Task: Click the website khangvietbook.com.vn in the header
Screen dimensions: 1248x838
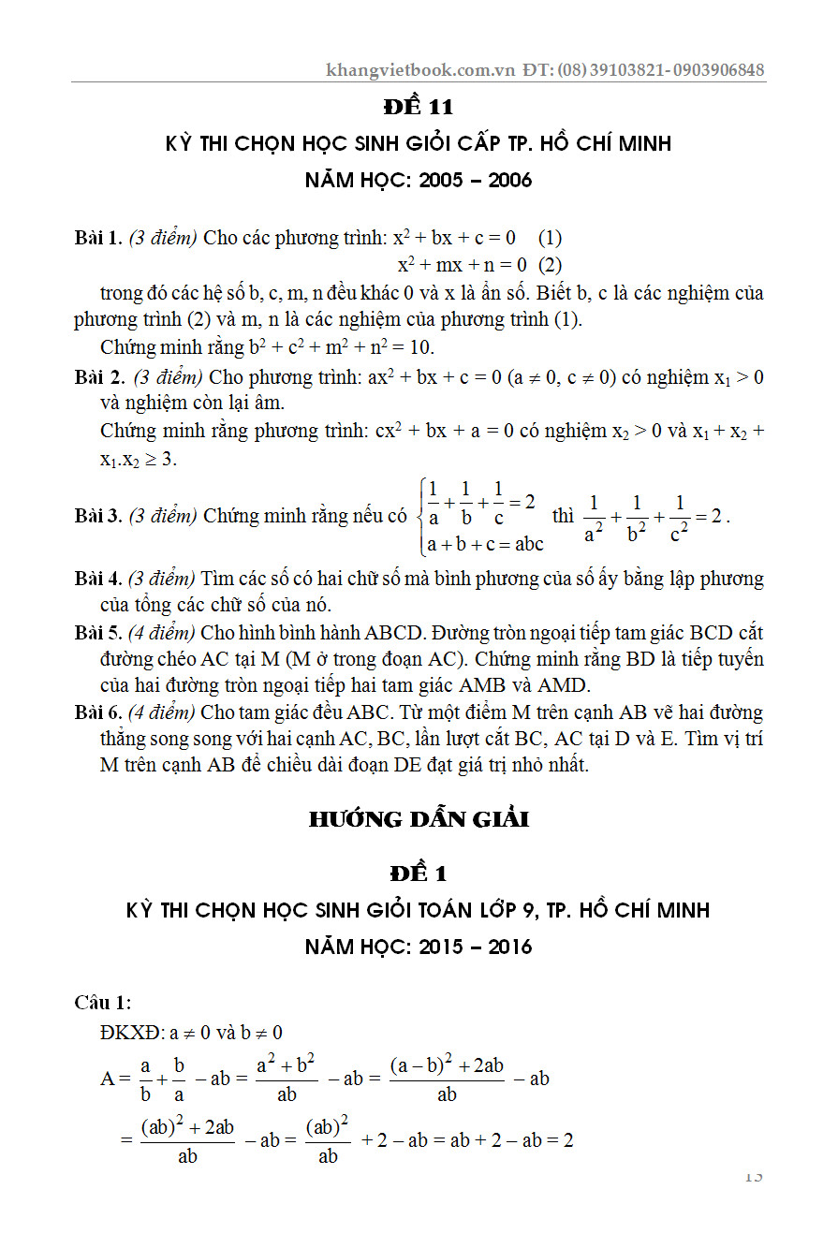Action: (420, 70)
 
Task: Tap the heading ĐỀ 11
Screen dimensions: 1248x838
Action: (419, 108)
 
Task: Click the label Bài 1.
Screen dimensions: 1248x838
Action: (98, 238)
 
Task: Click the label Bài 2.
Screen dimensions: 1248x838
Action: (99, 378)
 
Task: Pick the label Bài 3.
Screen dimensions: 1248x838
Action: (98, 515)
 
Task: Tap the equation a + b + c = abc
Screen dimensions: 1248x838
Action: (485, 543)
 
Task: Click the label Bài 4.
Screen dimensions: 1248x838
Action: (98, 580)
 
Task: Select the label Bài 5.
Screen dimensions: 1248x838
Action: (98, 633)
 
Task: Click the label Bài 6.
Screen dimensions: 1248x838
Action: (98, 713)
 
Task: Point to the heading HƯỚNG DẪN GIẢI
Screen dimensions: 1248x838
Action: (419, 820)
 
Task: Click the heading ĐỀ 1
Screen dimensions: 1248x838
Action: (419, 874)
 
